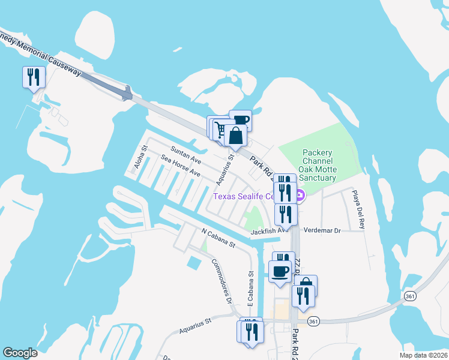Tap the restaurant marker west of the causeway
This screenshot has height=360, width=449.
pos(33,77)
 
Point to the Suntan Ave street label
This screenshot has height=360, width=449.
pos(185,154)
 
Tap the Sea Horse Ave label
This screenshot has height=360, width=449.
pos(180,166)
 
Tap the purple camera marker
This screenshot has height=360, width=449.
pos(300,195)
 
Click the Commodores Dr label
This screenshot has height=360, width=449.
pos(220,280)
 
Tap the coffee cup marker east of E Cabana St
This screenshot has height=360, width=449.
pos(280,271)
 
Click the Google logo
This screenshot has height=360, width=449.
pos(20,353)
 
